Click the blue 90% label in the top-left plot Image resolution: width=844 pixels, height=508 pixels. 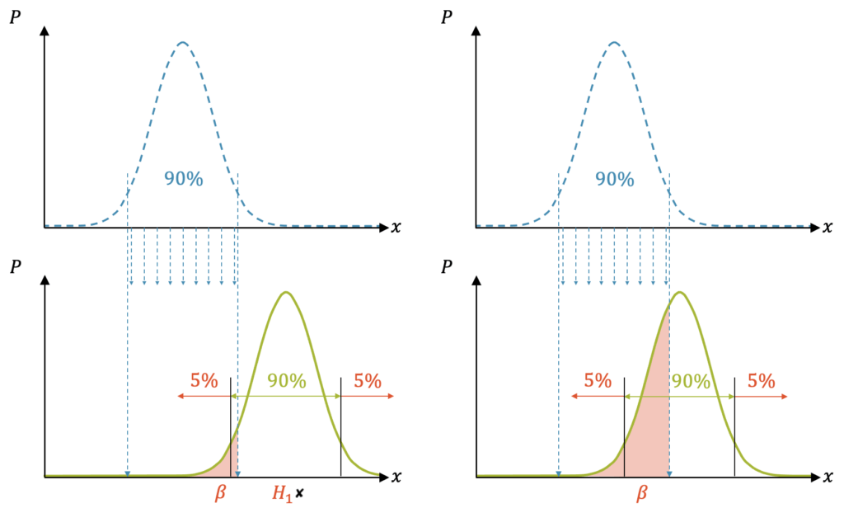(x=183, y=179)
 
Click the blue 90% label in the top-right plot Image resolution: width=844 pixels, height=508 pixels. (x=614, y=179)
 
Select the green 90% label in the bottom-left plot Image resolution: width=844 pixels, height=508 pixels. (x=287, y=381)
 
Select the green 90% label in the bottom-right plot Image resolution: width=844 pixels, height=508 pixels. (x=691, y=381)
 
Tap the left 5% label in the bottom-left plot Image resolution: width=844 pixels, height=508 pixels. (x=204, y=381)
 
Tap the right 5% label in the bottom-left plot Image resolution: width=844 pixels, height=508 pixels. (x=368, y=381)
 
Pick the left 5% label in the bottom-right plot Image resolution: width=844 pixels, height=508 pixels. (x=598, y=381)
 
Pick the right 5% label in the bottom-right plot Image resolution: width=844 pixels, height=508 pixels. (x=761, y=381)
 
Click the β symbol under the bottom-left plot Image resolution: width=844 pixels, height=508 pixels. (x=219, y=492)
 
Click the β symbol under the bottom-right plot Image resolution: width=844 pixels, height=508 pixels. (x=642, y=493)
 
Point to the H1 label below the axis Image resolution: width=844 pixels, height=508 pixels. (x=283, y=493)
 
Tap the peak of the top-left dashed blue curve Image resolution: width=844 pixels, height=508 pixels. (x=183, y=42)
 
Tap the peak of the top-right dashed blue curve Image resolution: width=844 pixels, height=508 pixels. (x=614, y=42)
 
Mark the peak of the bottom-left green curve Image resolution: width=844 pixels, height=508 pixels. (x=286, y=293)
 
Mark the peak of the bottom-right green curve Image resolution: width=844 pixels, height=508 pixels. (x=679, y=293)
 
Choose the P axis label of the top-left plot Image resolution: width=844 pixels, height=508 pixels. (x=15, y=17)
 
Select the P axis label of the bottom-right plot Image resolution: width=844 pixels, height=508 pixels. (x=447, y=266)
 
